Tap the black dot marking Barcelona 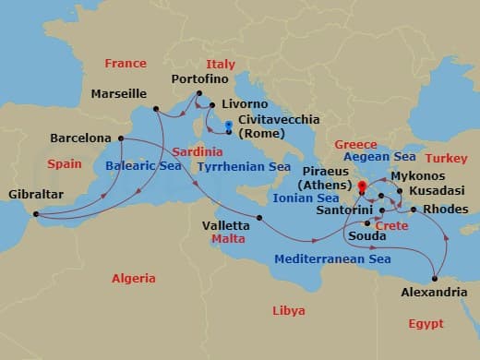(x=120, y=139)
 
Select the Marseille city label (x=119, y=94)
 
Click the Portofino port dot (x=199, y=92)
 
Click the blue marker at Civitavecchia (x=228, y=125)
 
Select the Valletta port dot (x=259, y=218)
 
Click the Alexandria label (x=433, y=293)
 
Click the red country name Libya (x=288, y=311)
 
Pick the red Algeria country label (x=134, y=278)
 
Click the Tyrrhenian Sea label (x=244, y=167)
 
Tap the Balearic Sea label (x=144, y=167)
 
